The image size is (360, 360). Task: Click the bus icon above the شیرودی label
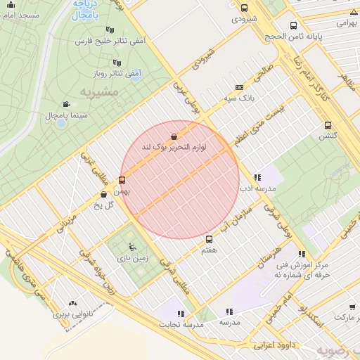coord(244,8)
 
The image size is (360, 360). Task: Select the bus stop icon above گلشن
coord(328,125)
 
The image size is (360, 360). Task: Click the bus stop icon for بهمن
coord(122,180)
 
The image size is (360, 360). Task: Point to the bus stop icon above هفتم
coord(208,240)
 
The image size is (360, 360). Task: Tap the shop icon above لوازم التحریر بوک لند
coord(174,136)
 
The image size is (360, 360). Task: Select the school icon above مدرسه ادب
coord(257,178)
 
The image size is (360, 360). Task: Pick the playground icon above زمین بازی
coord(132,247)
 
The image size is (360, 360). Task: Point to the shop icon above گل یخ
coord(104,194)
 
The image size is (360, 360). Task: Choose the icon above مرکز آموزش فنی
coord(302,255)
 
